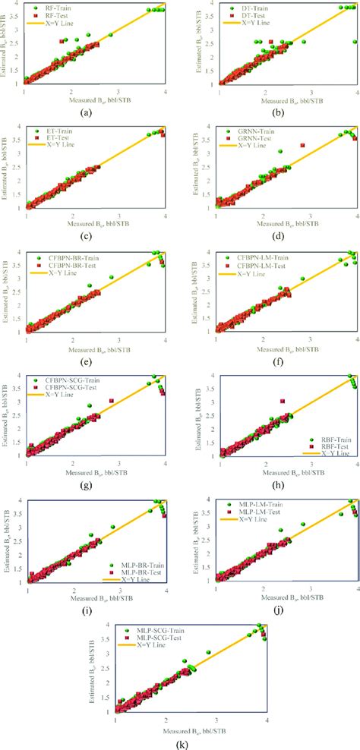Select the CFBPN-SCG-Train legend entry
(65, 379)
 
